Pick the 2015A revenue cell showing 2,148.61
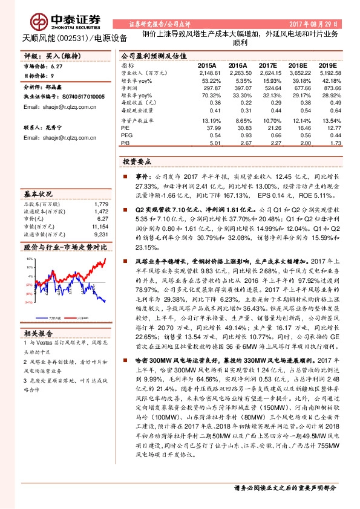(x=207, y=72)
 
